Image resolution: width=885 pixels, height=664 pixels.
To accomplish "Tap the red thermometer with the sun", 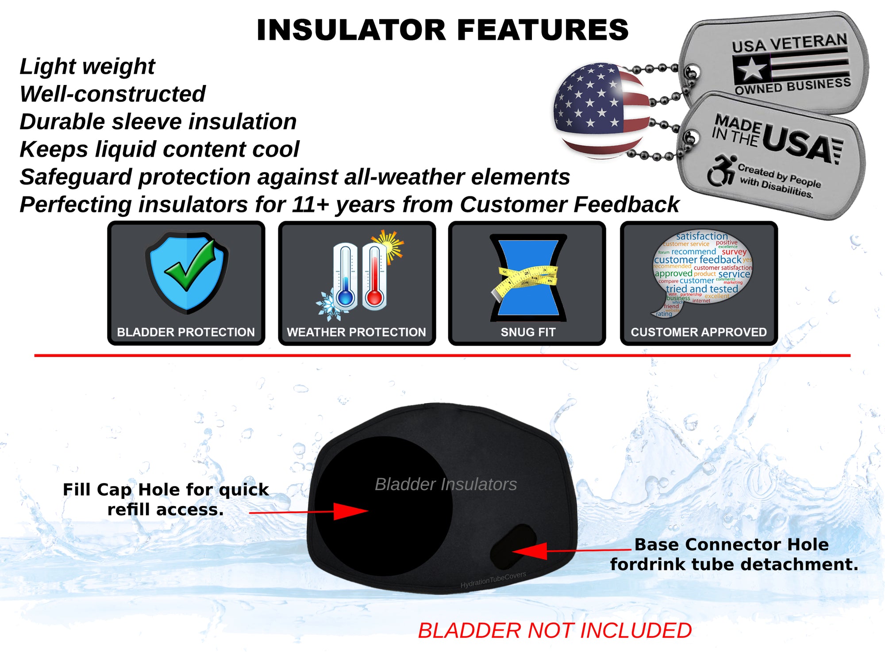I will point(375,277).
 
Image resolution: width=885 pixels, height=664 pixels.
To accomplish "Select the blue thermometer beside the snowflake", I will point(346,277).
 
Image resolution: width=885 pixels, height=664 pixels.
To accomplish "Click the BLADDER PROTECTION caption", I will point(186,332).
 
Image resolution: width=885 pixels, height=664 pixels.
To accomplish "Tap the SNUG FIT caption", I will point(527,332).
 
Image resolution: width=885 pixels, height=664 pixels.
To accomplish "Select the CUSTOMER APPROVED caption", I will point(699,332).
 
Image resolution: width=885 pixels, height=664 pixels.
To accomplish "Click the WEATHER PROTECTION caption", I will point(356,332).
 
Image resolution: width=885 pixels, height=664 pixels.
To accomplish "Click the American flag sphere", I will point(601,111).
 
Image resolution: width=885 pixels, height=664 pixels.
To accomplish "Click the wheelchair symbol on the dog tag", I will point(720,171).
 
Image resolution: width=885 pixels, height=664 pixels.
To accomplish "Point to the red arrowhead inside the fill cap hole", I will point(350,511).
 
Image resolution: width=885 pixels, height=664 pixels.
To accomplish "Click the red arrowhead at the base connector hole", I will point(531,551).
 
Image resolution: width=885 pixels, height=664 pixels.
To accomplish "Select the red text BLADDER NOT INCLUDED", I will point(555,630).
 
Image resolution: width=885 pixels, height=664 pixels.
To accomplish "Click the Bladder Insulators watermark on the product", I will point(446,484).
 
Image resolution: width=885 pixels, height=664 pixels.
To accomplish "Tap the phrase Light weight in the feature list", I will point(87,67).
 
